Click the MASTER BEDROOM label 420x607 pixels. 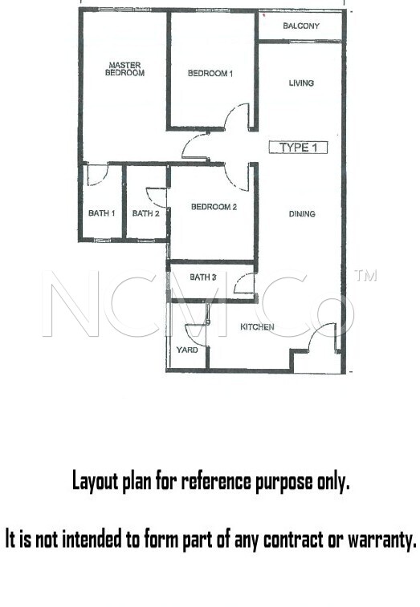pyautogui.click(x=124, y=69)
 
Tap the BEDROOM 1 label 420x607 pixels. pyautogui.click(x=210, y=73)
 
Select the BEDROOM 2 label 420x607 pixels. pyautogui.click(x=214, y=207)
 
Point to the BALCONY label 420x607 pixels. pyautogui.click(x=301, y=26)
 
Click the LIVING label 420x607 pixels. pyautogui.click(x=301, y=83)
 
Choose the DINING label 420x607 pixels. pyautogui.click(x=302, y=213)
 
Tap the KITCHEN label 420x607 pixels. pyautogui.click(x=257, y=327)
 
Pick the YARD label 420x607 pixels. pyautogui.click(x=187, y=350)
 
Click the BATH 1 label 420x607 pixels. pyautogui.click(x=102, y=213)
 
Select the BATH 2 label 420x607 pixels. pyautogui.click(x=145, y=213)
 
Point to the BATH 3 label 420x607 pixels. pyautogui.click(x=203, y=277)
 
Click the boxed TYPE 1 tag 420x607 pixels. pyautogui.click(x=298, y=148)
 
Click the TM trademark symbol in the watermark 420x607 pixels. pyautogui.click(x=365, y=275)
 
